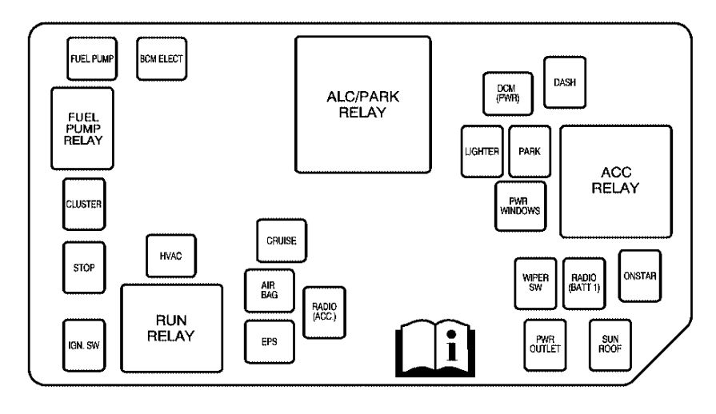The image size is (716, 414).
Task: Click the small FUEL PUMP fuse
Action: (90, 58)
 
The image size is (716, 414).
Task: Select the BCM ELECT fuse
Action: (162, 58)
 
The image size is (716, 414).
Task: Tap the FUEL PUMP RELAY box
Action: (82, 129)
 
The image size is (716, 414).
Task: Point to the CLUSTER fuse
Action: (83, 203)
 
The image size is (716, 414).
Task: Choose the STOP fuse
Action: (83, 267)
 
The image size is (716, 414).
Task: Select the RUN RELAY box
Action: (171, 328)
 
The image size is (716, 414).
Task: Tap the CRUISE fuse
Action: (281, 241)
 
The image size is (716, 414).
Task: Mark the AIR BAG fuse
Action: (269, 290)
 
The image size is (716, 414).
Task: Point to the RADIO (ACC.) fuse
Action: (324, 310)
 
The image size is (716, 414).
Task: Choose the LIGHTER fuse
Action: (482, 152)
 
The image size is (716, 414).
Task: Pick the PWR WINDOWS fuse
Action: (521, 205)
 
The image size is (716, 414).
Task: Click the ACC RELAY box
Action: (615, 181)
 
